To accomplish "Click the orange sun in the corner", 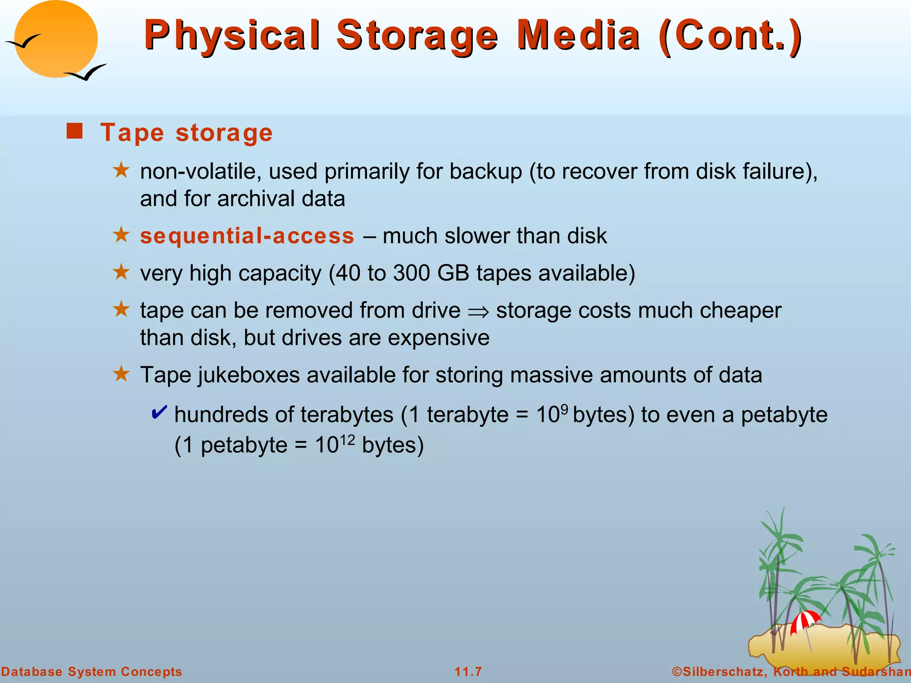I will click(x=56, y=39).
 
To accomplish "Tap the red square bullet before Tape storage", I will click(x=74, y=132).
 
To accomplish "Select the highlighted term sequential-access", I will click(x=247, y=236).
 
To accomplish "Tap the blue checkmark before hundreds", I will click(x=159, y=412).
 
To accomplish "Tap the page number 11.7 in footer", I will click(x=468, y=671).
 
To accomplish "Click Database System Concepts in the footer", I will click(x=92, y=671).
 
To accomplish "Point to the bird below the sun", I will click(x=85, y=72).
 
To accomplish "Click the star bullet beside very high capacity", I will click(x=121, y=272).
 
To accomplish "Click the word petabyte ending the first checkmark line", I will click(x=784, y=415).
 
